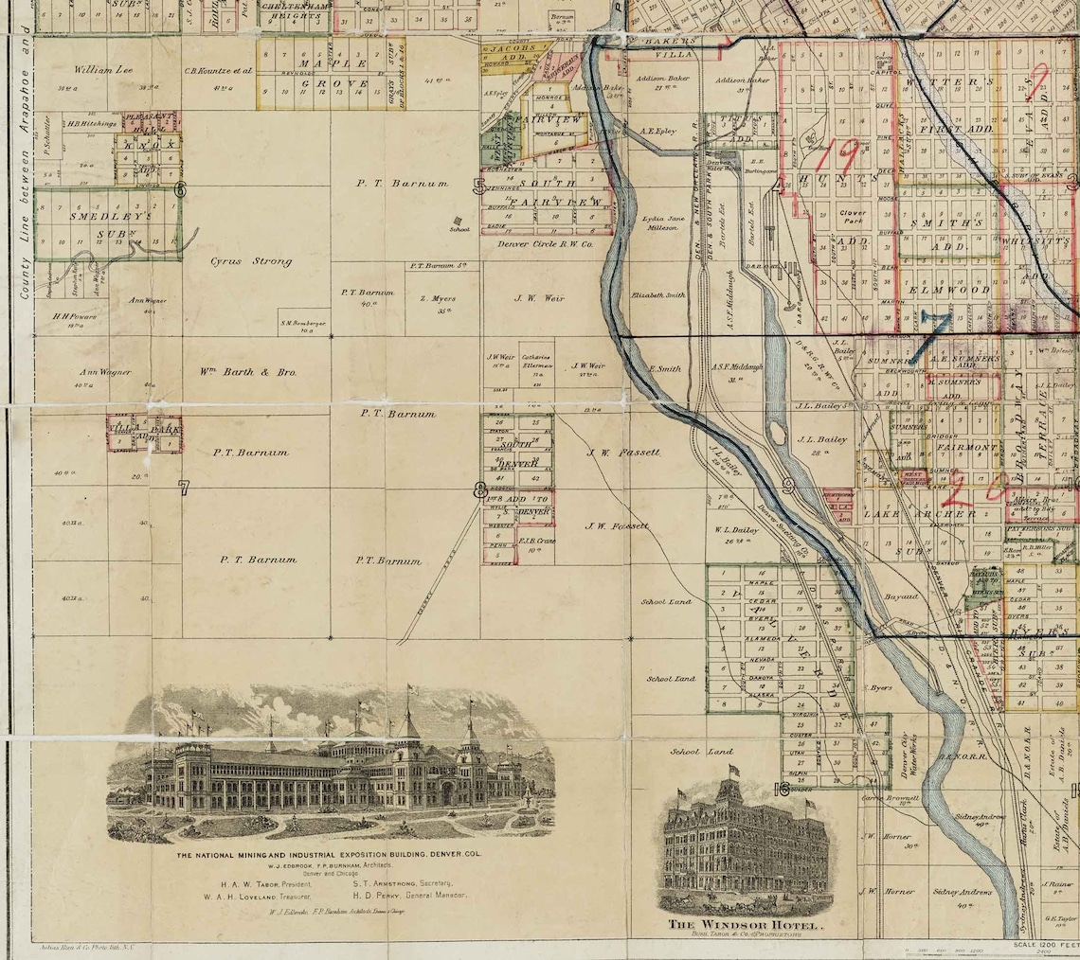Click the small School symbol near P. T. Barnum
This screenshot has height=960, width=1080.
pos(458,221)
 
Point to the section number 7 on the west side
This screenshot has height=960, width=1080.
pos(184,489)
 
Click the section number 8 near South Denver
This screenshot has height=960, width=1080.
pos(480,490)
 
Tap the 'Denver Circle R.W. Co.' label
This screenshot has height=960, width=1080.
pos(544,243)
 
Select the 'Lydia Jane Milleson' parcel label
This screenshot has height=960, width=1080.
pos(660,222)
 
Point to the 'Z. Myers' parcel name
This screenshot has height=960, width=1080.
pos(437,299)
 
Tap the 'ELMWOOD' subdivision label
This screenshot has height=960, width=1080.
pos(948,290)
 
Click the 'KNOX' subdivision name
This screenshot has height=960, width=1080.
pos(147,148)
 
